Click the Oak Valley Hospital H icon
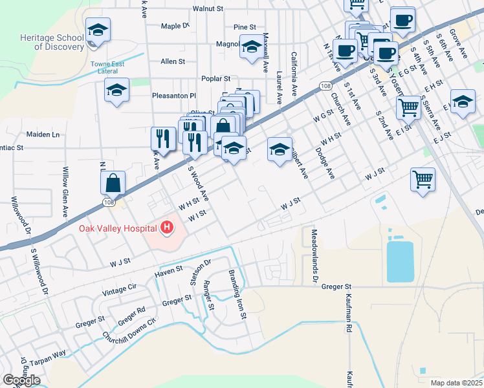pyautogui.click(x=168, y=228)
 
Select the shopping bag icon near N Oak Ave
pyautogui.click(x=113, y=183)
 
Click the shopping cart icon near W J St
pyautogui.click(x=422, y=179)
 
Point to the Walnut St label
pyautogui.click(x=208, y=10)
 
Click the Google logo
pyautogui.click(x=21, y=380)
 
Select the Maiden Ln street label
pyautogui.click(x=43, y=135)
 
